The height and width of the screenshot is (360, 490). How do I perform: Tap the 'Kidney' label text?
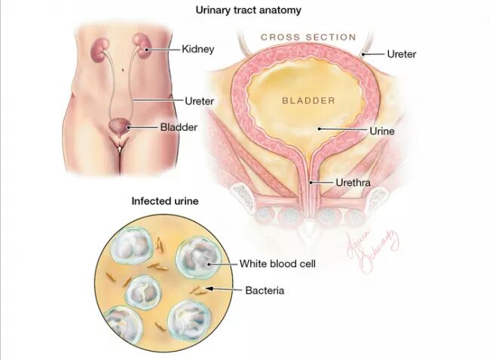coord(198,49)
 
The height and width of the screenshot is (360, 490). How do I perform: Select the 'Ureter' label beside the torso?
coord(200,100)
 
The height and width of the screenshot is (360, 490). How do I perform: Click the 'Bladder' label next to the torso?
coord(179,127)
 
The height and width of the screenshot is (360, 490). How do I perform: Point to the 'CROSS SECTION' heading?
coord(308,37)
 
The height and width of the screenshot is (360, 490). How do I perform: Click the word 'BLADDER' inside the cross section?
coord(308,99)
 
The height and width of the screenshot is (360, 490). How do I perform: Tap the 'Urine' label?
coord(382,130)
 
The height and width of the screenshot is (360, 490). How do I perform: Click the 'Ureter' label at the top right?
coord(401,53)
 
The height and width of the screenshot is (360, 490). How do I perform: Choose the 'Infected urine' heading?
coord(165,201)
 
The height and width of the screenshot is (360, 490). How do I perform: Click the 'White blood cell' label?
coord(277,264)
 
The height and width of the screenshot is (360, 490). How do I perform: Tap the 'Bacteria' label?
coord(265,290)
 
